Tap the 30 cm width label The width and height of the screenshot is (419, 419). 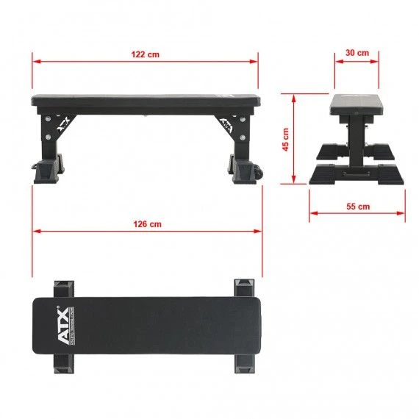click(x=357, y=54)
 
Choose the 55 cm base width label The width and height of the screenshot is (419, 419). click(x=357, y=207)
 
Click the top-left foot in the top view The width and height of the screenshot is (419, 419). click(x=62, y=286)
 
